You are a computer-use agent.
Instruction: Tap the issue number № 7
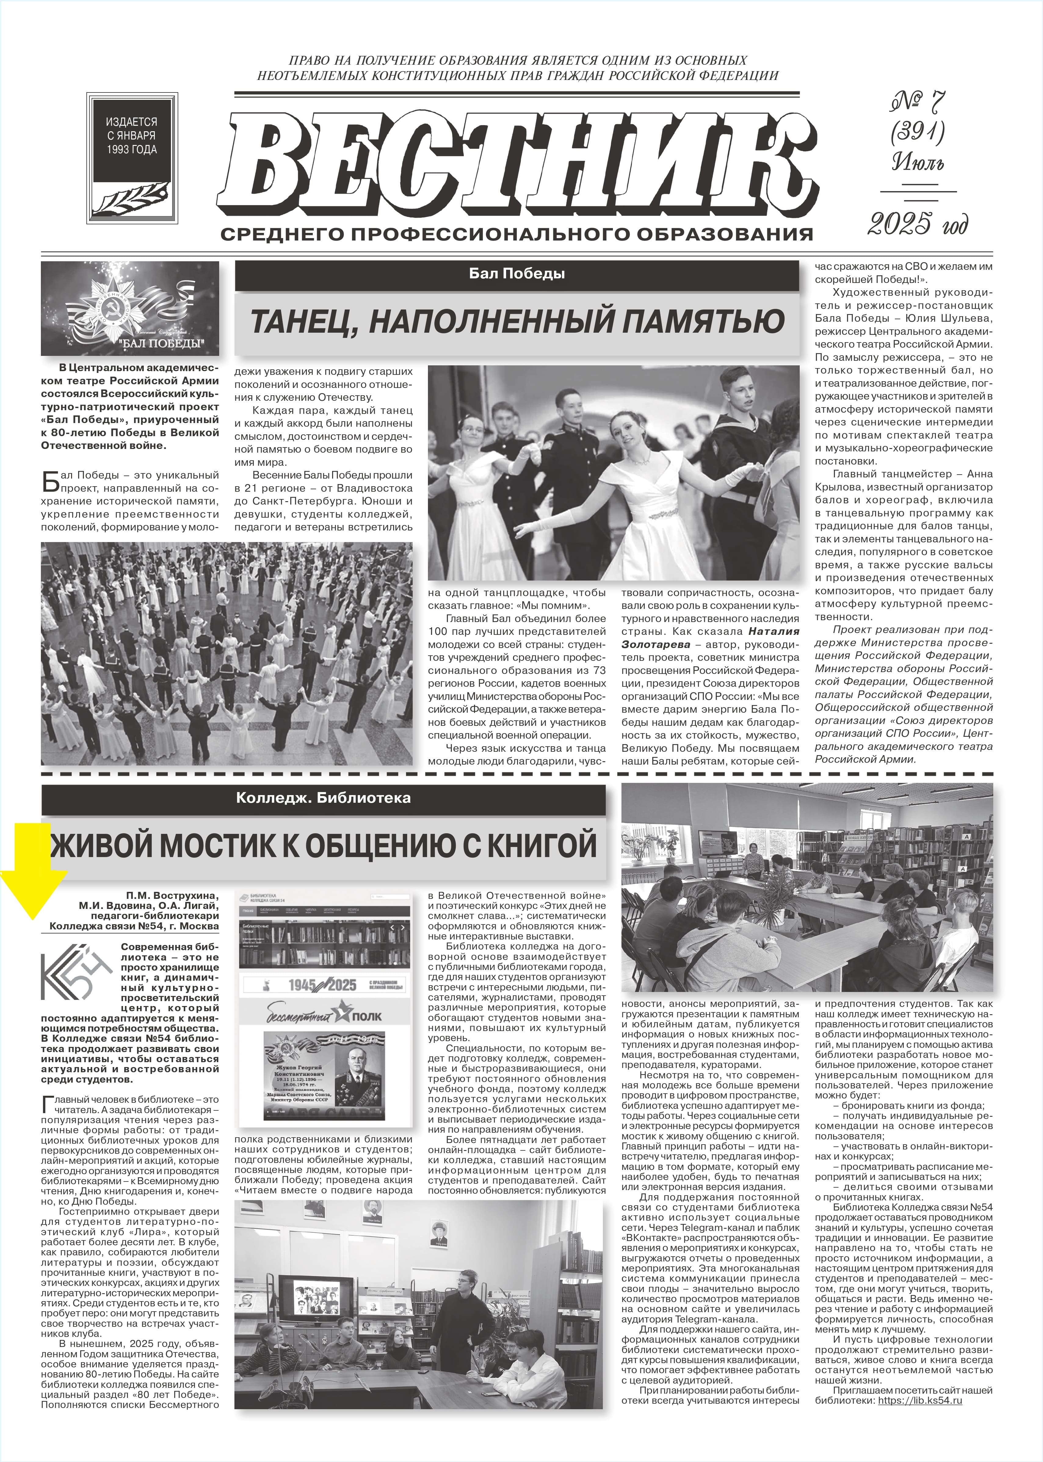pyautogui.click(x=917, y=103)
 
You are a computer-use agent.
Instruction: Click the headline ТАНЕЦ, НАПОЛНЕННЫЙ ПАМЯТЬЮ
pyautogui.click(x=517, y=321)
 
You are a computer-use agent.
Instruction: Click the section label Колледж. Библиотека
pyautogui.click(x=324, y=798)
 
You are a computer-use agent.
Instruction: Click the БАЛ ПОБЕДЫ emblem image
pyautogui.click(x=130, y=308)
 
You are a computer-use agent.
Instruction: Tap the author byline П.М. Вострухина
pyautogui.click(x=172, y=895)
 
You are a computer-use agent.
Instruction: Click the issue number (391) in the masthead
pyautogui.click(x=917, y=133)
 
